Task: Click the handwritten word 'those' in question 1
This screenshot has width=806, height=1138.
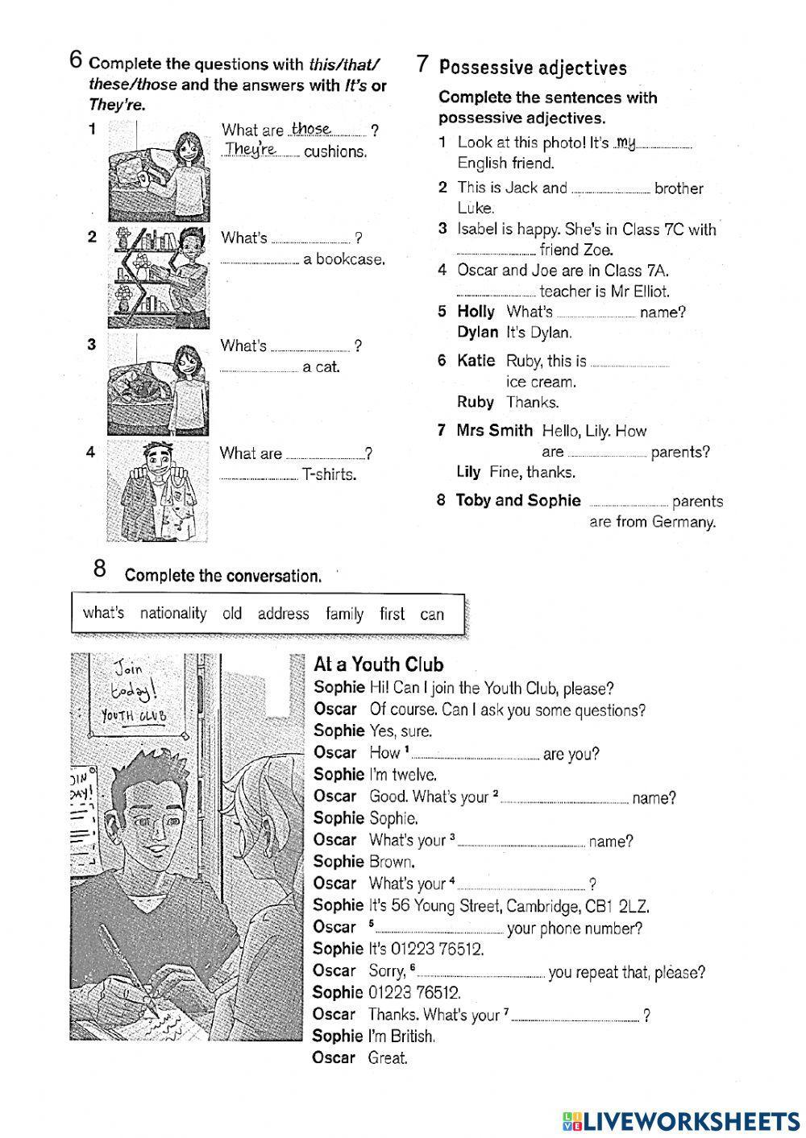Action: tap(311, 129)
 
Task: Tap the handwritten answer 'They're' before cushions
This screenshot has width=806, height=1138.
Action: tap(251, 150)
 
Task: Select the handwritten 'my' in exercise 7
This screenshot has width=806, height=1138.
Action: tap(626, 143)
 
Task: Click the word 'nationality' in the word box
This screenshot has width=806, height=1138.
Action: tap(173, 614)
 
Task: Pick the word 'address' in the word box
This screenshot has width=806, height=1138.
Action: tap(283, 614)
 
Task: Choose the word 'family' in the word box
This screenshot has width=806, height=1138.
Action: tap(344, 614)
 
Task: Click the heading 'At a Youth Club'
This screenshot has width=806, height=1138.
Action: tap(378, 665)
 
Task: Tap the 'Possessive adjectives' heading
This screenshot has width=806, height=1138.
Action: tap(533, 68)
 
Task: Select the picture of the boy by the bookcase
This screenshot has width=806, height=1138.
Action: tap(158, 274)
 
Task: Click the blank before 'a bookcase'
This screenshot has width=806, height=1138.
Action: tap(259, 260)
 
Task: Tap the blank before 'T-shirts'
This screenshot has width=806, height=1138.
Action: tap(258, 475)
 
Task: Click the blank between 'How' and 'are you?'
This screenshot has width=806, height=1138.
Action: tap(476, 755)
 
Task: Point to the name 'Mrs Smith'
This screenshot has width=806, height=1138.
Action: tap(494, 431)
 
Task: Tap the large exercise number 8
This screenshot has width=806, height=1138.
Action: tap(100, 569)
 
